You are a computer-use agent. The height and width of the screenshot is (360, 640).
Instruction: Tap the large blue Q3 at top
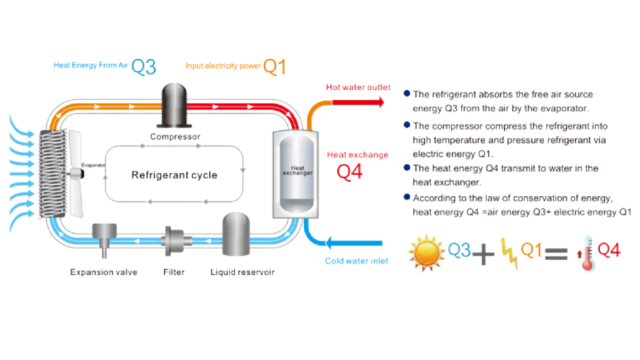click(144, 67)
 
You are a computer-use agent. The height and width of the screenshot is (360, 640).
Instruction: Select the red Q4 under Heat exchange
click(349, 172)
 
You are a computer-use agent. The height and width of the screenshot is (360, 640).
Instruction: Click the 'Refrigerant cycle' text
click(174, 175)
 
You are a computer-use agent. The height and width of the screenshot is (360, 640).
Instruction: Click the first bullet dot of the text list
click(406, 93)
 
